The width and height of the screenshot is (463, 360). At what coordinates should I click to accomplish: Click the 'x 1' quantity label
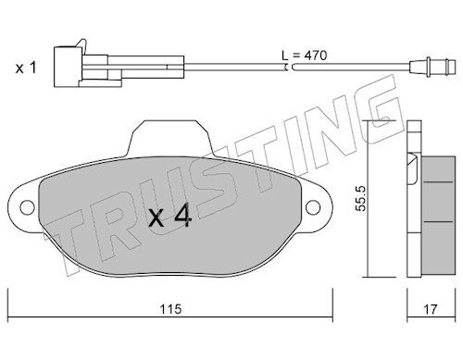click(x=26, y=68)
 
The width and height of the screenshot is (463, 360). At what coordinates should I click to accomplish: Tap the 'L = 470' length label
click(x=304, y=56)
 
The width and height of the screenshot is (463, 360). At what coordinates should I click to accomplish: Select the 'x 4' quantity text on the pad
click(x=170, y=217)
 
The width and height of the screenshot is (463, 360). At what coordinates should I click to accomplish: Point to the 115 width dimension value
click(x=170, y=309)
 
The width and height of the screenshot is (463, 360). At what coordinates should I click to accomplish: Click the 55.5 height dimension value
click(x=360, y=198)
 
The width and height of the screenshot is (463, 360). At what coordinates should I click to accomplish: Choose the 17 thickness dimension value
click(x=431, y=309)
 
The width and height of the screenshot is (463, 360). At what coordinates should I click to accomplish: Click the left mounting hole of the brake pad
click(x=27, y=207)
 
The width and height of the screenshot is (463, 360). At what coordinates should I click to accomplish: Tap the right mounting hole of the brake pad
click(x=313, y=207)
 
